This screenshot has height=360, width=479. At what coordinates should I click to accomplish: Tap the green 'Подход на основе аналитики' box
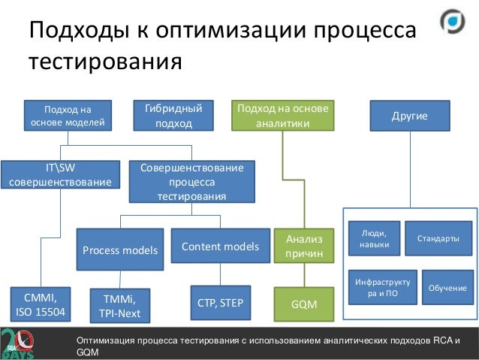(282, 116)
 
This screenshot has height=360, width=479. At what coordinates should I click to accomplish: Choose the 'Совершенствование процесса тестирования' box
(191, 181)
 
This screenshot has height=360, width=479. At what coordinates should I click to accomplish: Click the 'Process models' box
(120, 250)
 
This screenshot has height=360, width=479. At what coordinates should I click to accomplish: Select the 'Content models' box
(221, 246)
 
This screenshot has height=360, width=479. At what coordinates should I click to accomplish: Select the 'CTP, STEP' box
(221, 302)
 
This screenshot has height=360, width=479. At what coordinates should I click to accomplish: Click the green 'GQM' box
(304, 304)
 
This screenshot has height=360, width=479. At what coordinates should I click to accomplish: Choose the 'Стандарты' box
(438, 238)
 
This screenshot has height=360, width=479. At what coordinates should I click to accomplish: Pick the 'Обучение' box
(447, 288)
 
